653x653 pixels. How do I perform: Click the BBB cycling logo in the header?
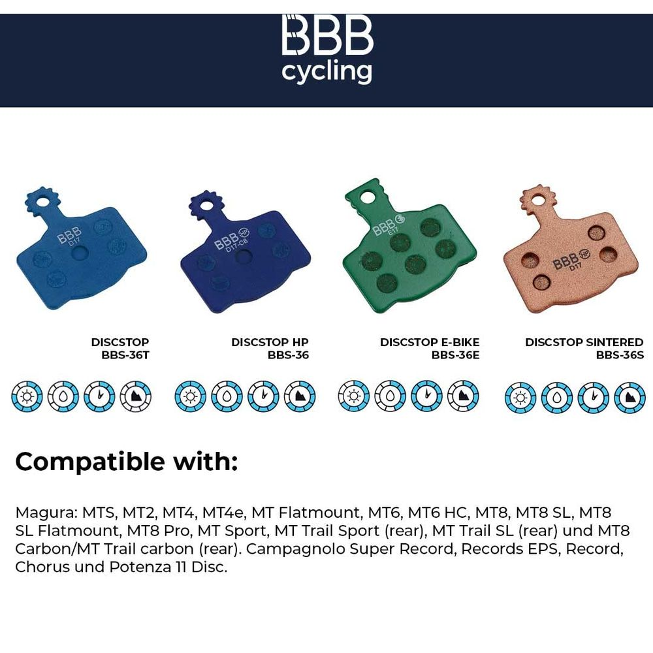[x=327, y=49]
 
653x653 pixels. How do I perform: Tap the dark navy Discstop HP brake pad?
[x=246, y=251]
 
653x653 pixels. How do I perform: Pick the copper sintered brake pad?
[x=571, y=249]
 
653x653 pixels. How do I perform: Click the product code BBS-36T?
[x=125, y=355]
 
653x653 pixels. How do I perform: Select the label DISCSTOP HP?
[x=270, y=342]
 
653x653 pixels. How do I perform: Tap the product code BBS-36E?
[x=455, y=355]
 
